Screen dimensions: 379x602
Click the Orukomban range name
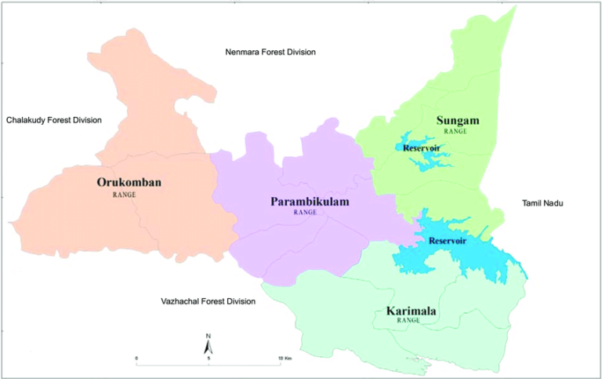[x=129, y=183]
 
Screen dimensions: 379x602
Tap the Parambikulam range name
[x=310, y=202]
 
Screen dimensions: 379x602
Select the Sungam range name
[x=457, y=120]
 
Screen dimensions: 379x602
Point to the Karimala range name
[x=412, y=312]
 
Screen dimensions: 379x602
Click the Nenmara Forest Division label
[x=270, y=52]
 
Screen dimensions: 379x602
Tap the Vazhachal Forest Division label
[x=208, y=301]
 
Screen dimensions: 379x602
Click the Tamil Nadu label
[x=543, y=203]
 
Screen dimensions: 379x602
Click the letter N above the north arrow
[x=209, y=337]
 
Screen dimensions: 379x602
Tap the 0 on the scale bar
[x=136, y=359]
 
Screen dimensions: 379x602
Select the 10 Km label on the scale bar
[x=285, y=359]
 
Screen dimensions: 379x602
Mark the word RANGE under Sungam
[x=455, y=131]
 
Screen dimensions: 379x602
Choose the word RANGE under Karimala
[x=408, y=321]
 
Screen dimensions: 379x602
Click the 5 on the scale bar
[x=209, y=359]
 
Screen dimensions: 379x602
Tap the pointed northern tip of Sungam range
[x=515, y=7]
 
